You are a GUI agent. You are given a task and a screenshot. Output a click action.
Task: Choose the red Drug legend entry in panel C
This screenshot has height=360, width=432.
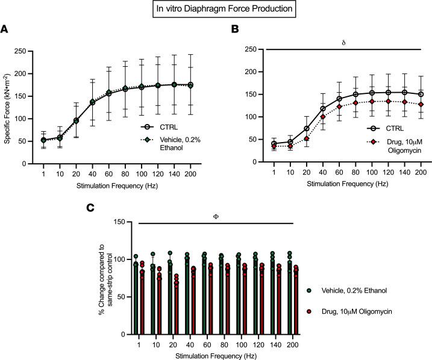pyautogui.click(x=354, y=311)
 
